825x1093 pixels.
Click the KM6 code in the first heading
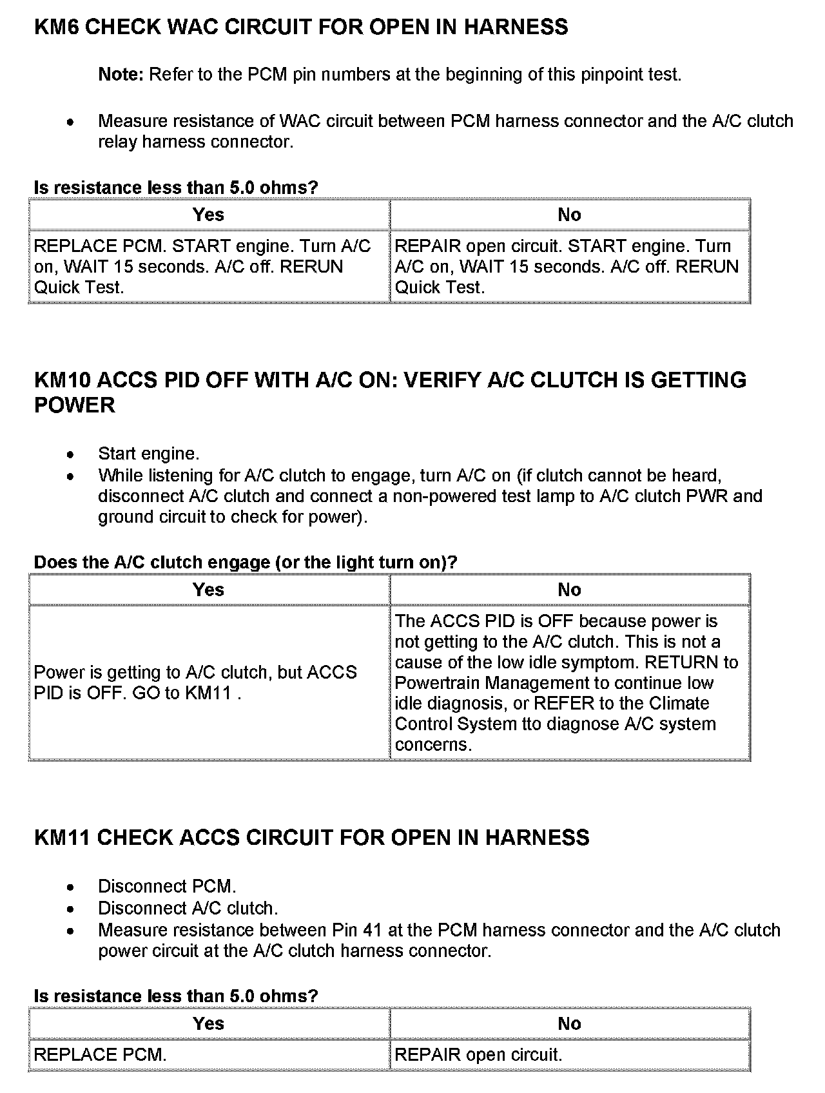56,28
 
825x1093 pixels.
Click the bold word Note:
121,75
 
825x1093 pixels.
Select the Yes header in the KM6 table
208,215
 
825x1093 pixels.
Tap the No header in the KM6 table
569,215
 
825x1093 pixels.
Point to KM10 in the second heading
62,380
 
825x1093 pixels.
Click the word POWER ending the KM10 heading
75,405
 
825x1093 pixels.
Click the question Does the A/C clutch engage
245,563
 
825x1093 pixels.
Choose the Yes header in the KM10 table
208,590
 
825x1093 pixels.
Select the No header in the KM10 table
569,590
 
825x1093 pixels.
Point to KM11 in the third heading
62,838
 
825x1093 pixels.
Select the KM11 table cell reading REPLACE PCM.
101,1055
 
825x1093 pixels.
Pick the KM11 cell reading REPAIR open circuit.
478,1055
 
